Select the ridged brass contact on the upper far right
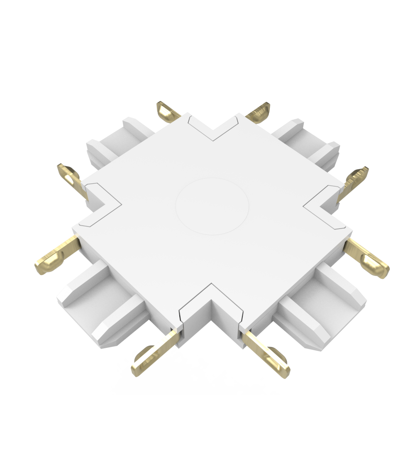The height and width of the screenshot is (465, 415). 356,179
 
